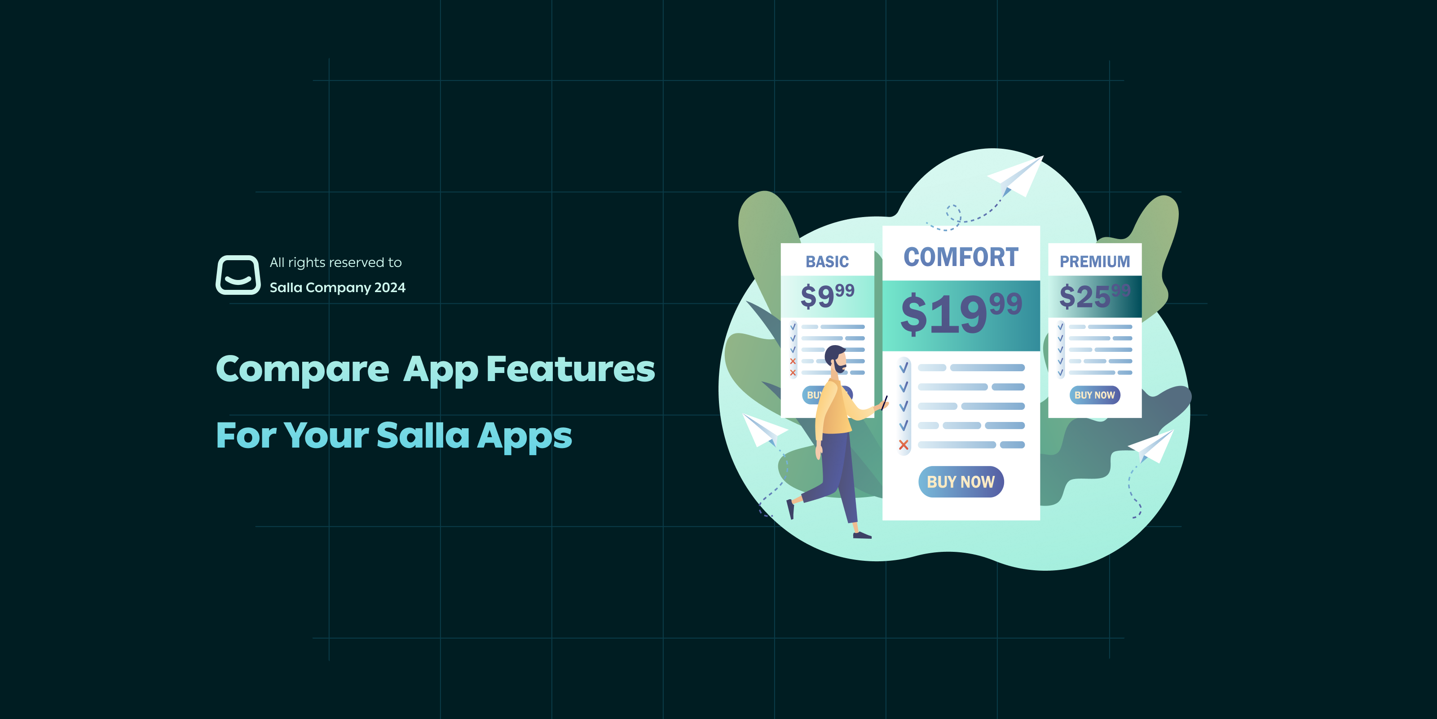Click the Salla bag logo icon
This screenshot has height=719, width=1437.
(x=238, y=275)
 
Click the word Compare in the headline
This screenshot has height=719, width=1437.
(x=302, y=369)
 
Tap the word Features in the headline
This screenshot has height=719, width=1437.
(x=570, y=369)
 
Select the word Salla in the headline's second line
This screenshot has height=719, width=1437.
(x=423, y=435)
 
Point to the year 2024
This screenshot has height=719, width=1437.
(x=389, y=288)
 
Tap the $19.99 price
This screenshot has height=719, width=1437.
(x=961, y=314)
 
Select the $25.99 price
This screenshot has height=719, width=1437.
(x=1093, y=296)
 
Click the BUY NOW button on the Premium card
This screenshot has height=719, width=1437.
(x=1094, y=395)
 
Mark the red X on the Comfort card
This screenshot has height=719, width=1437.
(x=904, y=445)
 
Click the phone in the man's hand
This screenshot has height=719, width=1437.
(x=884, y=402)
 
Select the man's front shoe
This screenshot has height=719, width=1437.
(x=862, y=535)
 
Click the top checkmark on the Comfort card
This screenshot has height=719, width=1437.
(x=904, y=367)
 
